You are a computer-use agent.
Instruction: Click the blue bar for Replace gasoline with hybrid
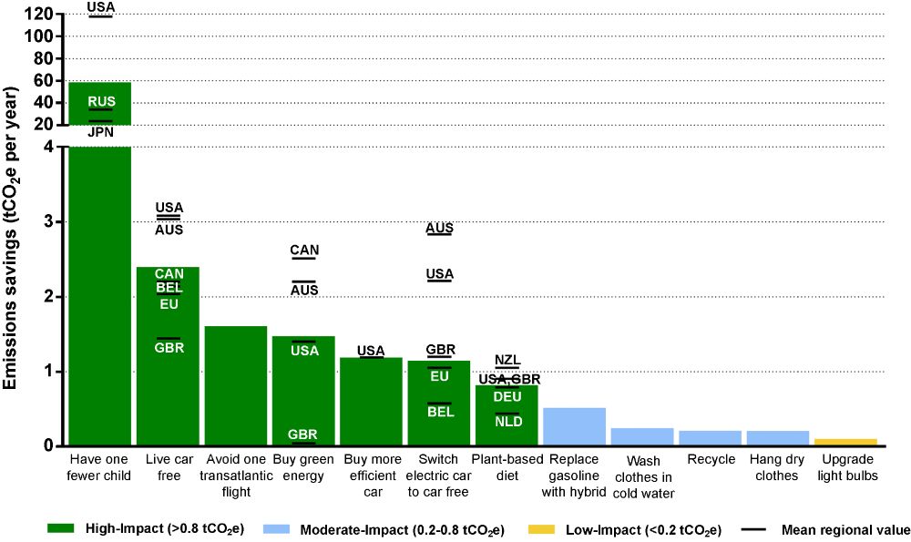(574, 426)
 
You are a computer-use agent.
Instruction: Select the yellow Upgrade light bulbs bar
(845, 442)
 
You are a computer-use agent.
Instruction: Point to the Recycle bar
(710, 438)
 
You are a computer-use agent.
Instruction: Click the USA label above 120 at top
(100, 7)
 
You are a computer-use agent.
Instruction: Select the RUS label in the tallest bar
(100, 101)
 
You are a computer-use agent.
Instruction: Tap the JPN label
(100, 132)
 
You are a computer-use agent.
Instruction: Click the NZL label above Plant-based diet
(507, 360)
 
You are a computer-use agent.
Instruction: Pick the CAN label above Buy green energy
(304, 250)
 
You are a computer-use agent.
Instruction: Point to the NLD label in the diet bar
(507, 421)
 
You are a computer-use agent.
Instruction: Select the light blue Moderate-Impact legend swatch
(278, 528)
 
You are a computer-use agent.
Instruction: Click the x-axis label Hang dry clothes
(777, 466)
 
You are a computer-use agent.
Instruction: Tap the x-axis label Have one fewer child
(100, 466)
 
